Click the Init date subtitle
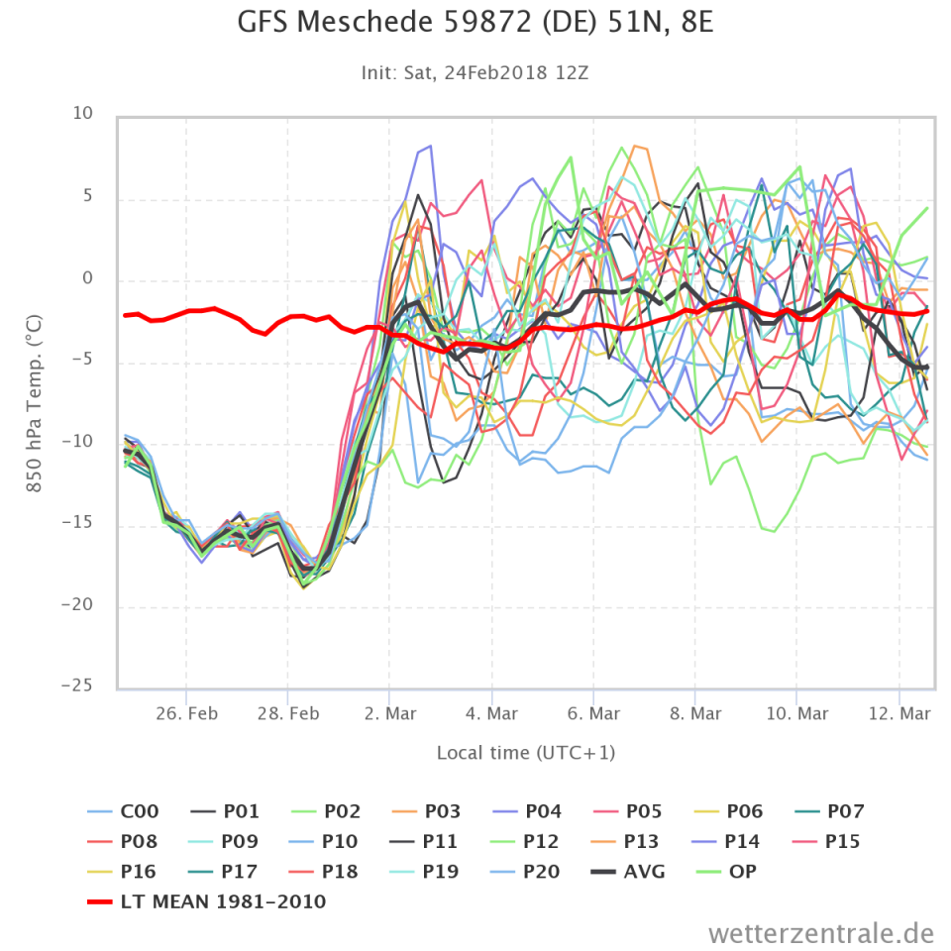(x=475, y=72)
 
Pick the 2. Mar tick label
(x=389, y=714)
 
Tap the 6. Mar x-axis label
(x=593, y=714)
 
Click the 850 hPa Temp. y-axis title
(x=33, y=401)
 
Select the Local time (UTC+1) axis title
(x=526, y=753)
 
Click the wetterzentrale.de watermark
(x=821, y=932)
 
